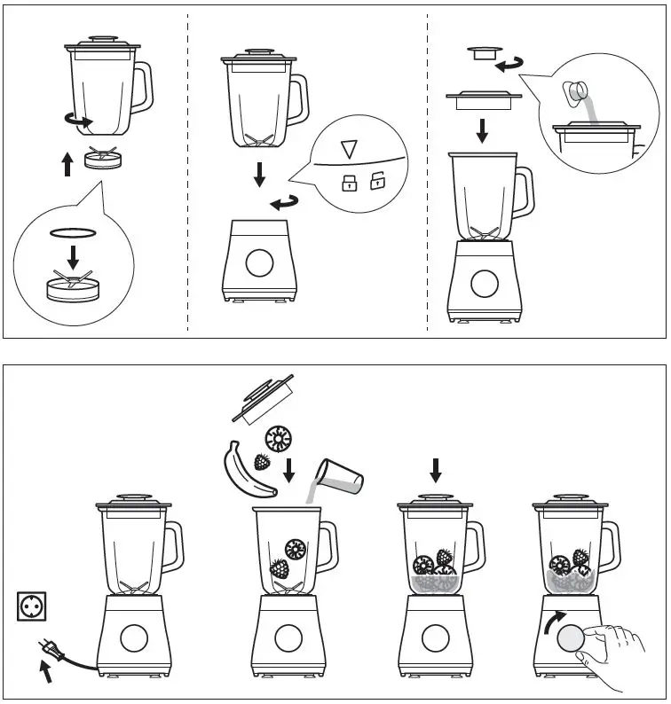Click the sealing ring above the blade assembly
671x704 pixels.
tap(73, 232)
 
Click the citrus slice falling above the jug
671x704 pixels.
tap(281, 437)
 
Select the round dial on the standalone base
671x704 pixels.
tap(259, 262)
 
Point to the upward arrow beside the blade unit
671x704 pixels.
tap(67, 164)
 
